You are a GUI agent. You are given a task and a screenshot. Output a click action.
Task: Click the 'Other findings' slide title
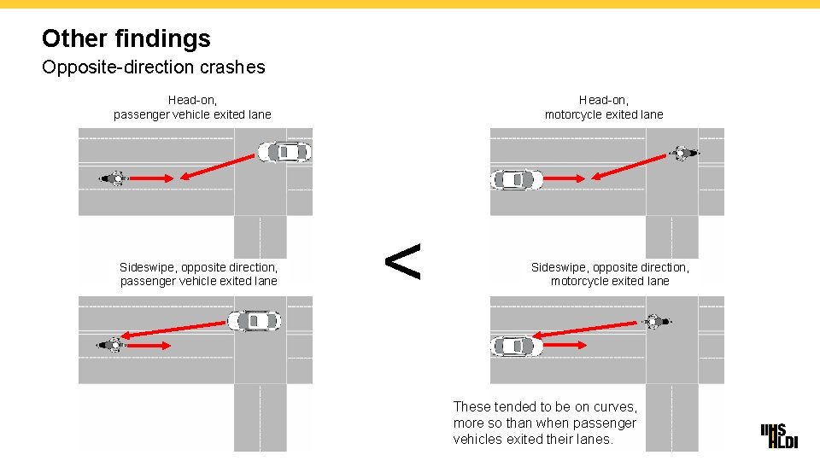pyautogui.click(x=126, y=38)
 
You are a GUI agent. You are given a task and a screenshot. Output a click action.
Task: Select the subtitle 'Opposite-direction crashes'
pyautogui.click(x=154, y=67)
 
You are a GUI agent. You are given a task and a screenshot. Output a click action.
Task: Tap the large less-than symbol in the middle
pyautogui.click(x=403, y=261)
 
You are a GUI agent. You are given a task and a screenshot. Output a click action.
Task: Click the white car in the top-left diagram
pyautogui.click(x=284, y=152)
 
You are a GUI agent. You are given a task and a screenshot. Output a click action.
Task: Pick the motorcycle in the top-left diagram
pyautogui.click(x=114, y=178)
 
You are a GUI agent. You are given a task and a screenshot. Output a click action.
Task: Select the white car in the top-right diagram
pyautogui.click(x=517, y=179)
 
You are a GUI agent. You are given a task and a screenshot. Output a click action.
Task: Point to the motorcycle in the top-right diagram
pyautogui.click(x=682, y=154)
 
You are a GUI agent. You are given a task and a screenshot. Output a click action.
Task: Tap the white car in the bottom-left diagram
pyautogui.click(x=255, y=321)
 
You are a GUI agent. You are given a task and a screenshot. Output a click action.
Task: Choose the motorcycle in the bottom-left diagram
pyautogui.click(x=112, y=345)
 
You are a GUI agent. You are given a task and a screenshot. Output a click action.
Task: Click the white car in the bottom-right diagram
pyautogui.click(x=517, y=346)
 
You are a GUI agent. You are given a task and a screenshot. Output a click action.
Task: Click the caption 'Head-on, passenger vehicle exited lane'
pyautogui.click(x=192, y=108)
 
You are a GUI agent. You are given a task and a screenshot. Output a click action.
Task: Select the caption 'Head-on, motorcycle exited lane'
pyautogui.click(x=604, y=108)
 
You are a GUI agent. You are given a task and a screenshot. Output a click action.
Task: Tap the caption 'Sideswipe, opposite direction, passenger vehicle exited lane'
pyautogui.click(x=199, y=274)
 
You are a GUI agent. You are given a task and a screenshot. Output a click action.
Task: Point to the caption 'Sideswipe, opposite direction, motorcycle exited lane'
pyautogui.click(x=610, y=274)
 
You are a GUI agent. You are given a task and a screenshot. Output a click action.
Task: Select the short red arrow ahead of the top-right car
pyautogui.click(x=564, y=178)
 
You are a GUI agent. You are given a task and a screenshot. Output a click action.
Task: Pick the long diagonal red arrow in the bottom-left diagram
pyautogui.click(x=174, y=329)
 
